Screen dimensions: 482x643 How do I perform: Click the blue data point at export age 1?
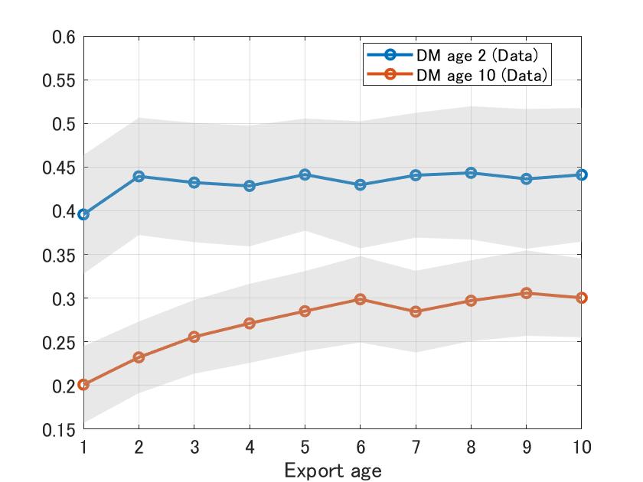point(83,214)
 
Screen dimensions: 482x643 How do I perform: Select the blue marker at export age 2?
point(139,176)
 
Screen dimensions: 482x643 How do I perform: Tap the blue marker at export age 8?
point(471,173)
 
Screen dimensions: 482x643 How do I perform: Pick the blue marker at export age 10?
point(581,174)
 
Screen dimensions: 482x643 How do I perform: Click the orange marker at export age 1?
point(83,384)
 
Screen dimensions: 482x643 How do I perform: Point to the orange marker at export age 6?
point(360,299)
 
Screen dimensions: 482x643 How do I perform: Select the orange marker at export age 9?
point(526,293)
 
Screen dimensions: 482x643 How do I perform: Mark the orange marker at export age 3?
point(194,337)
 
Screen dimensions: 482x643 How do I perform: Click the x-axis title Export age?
point(332,470)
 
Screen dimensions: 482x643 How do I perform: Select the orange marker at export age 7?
point(416,311)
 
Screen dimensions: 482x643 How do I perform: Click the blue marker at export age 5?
point(305,174)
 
